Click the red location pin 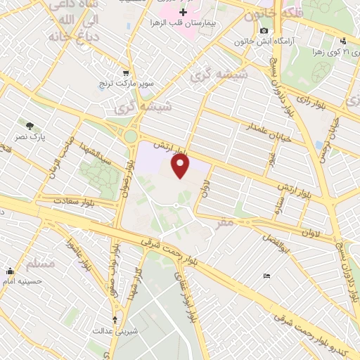point(181,166)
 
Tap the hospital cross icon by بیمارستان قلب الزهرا point(184,13)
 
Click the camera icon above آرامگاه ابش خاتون point(264,30)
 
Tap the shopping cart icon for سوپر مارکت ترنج point(125,72)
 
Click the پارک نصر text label point(32,137)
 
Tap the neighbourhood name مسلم point(39,264)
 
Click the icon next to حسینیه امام point(10,271)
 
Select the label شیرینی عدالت point(115,330)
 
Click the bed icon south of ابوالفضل point(265,276)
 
